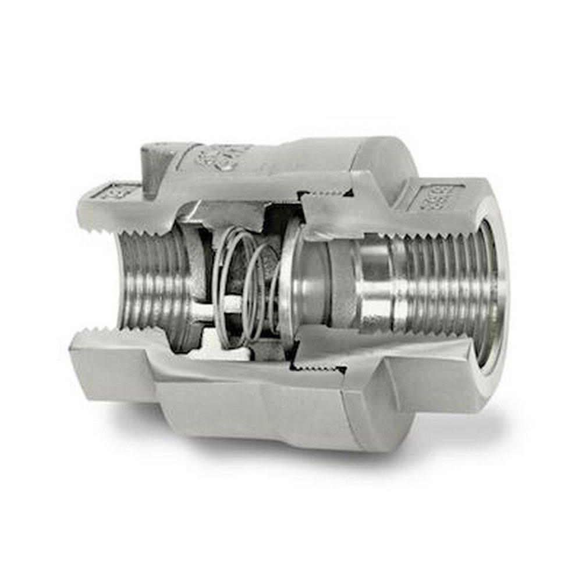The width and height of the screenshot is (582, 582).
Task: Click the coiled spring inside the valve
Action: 244,285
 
